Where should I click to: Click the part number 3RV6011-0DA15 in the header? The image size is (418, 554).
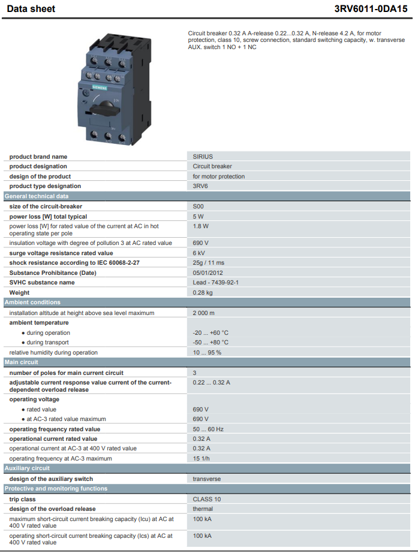(371, 8)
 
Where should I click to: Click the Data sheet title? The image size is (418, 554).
(31, 9)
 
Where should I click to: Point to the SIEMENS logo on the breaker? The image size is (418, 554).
(100, 87)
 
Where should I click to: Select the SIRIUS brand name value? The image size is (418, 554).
(203, 156)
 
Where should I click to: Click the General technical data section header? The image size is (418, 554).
(37, 196)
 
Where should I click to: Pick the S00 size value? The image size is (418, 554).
(198, 207)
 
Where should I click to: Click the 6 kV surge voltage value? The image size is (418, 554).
(199, 253)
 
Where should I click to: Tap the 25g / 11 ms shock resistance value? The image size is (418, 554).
(208, 262)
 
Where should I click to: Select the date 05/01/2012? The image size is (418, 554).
(208, 273)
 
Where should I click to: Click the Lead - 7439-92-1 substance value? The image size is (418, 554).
(216, 282)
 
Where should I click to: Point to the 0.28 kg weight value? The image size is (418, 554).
(203, 292)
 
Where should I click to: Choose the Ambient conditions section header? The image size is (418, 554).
(32, 302)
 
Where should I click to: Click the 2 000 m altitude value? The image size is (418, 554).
(203, 313)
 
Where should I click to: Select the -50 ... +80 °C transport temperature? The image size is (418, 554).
(210, 343)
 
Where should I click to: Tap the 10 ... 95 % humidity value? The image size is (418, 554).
(207, 353)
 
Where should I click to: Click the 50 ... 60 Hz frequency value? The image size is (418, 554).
(208, 429)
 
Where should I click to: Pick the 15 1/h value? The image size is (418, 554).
(202, 459)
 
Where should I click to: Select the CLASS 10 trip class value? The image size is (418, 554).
(206, 499)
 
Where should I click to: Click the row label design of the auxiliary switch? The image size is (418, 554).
(52, 479)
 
